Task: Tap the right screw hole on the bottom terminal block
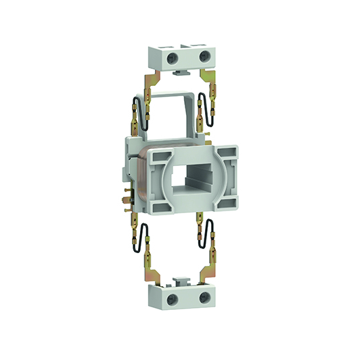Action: tap(202, 298)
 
